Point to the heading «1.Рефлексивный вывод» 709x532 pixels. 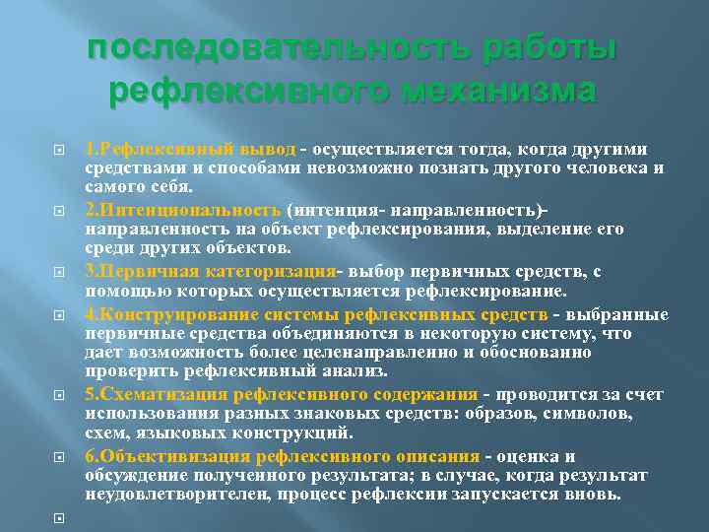pyautogui.click(x=190, y=150)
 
